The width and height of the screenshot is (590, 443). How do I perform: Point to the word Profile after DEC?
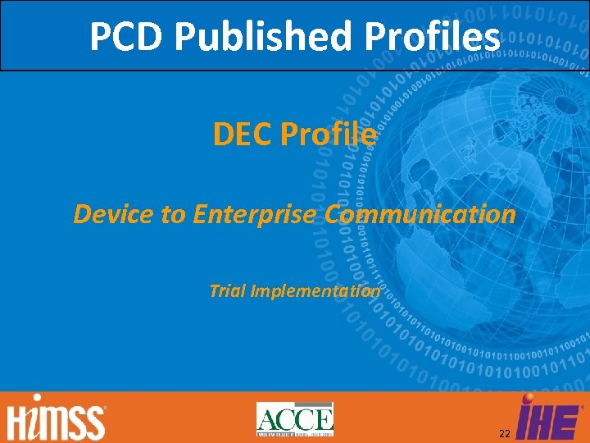[x=329, y=134]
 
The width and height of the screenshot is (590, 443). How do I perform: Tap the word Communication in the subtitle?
[x=420, y=214]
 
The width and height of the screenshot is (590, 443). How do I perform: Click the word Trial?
[x=228, y=290]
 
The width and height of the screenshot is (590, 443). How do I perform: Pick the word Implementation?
[x=315, y=290]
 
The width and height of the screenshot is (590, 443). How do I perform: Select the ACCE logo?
[x=294, y=419]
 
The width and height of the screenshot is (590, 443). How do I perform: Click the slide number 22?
[x=503, y=432]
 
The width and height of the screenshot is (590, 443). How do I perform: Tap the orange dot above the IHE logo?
[x=527, y=400]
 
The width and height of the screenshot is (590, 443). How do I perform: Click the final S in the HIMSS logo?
[x=96, y=422]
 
